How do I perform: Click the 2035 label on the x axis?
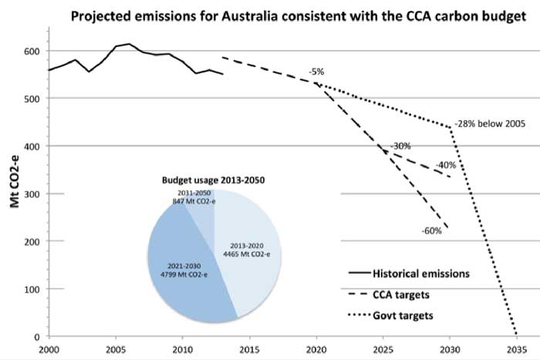click(516, 348)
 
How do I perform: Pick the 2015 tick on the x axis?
click(249, 348)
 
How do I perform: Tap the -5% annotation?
click(316, 72)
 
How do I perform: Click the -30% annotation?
click(400, 146)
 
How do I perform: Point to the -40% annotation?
click(444, 165)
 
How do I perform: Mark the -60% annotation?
click(431, 230)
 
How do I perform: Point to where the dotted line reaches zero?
click(515, 335)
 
